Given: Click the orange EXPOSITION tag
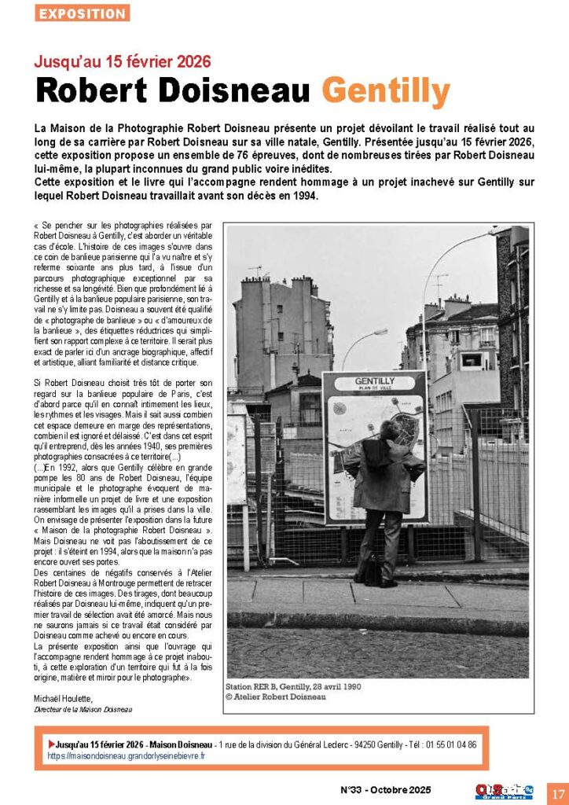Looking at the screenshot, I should (x=83, y=13).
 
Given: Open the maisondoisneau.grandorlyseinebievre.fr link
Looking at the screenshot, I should (x=126, y=755).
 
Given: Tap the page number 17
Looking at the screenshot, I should (x=557, y=792).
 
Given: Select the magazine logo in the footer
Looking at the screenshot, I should (x=504, y=791).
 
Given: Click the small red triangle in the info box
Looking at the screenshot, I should (x=52, y=744).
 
